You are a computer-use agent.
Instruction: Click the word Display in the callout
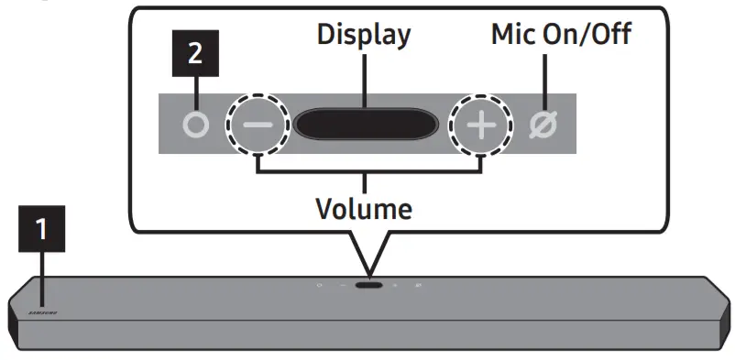pyautogui.click(x=363, y=36)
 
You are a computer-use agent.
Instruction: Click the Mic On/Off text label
pyautogui.click(x=561, y=36)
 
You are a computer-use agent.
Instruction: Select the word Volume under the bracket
pyautogui.click(x=364, y=208)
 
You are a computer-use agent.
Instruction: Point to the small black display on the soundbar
pyautogui.click(x=369, y=285)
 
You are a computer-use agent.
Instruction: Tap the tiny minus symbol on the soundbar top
pyautogui.click(x=342, y=285)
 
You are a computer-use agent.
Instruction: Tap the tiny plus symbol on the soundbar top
pyautogui.click(x=396, y=285)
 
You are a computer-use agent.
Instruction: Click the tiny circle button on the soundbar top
pyautogui.click(x=319, y=285)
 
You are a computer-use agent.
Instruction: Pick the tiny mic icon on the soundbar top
pyautogui.click(x=418, y=285)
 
